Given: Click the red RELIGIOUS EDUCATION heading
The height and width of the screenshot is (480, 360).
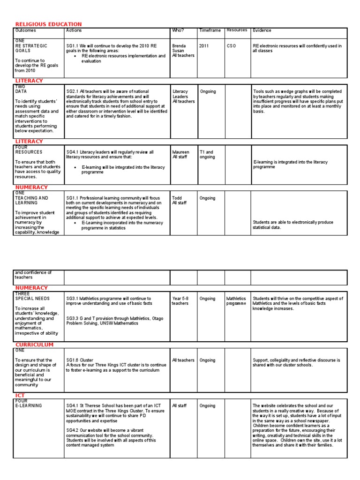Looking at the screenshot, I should pos(48,24).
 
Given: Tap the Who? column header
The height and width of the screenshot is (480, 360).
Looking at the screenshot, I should pos(178,30).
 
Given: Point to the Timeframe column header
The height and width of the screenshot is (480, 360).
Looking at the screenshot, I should pos(210,30).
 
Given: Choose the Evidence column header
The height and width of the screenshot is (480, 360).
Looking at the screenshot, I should pos(262,30).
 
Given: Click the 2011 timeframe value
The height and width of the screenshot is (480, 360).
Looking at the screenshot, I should pos(204,46).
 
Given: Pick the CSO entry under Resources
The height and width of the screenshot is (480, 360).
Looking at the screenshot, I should pos(232,46).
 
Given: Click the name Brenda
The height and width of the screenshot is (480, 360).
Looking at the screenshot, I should pos(179,46).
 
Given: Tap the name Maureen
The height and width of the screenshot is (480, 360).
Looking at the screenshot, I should pos(181,152).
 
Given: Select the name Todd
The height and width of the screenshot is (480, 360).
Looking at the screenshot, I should pos(177,198).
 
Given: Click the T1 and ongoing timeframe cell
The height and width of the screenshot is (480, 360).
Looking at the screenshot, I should pos(207,154).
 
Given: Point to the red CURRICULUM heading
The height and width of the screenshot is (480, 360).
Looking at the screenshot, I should pos(34,345).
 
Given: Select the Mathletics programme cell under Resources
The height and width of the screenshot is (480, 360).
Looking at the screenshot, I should pos(236,300).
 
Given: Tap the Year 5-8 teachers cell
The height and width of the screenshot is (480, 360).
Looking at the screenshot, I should pos(180,300).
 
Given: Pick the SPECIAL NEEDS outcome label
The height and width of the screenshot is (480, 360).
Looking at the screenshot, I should pos(32,298).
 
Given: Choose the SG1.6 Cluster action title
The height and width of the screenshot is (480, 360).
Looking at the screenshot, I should pos(80,360).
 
